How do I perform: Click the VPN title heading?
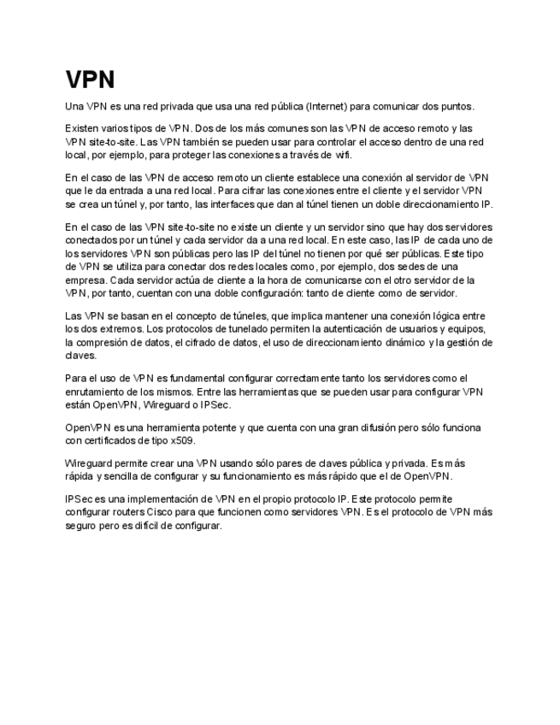point(90,80)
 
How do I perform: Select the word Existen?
point(83,127)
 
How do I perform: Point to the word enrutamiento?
point(97,391)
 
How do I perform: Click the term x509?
point(183,440)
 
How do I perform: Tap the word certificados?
point(111,440)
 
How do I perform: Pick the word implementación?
point(163,498)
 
